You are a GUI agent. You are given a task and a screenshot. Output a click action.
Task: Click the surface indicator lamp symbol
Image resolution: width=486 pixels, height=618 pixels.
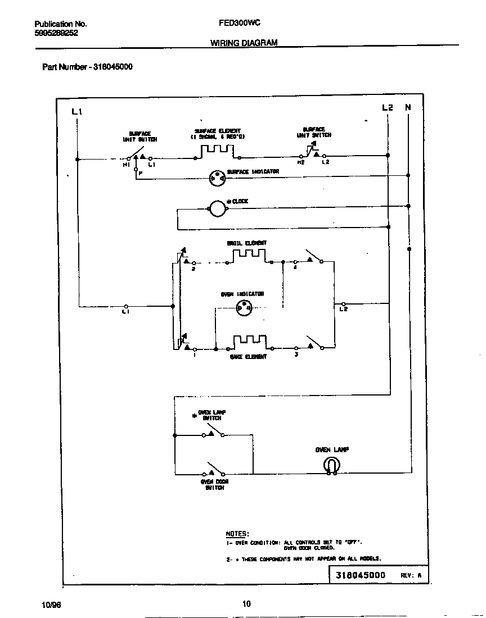click(x=217, y=178)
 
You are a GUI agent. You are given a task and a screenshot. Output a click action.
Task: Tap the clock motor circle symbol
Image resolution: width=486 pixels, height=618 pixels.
click(x=217, y=209)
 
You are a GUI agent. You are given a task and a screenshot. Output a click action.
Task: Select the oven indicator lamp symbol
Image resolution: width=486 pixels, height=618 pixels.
click(x=244, y=306)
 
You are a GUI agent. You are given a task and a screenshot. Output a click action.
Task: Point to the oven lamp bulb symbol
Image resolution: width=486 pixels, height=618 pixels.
click(x=332, y=465)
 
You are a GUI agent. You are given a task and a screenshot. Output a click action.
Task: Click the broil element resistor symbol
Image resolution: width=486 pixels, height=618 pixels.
click(x=248, y=256)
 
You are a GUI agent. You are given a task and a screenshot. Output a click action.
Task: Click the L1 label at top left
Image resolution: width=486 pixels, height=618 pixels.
click(x=77, y=111)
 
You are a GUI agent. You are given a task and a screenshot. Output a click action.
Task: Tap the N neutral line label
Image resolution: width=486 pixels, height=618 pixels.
click(x=408, y=107)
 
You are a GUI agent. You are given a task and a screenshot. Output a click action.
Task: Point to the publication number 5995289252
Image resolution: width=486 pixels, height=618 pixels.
click(x=56, y=33)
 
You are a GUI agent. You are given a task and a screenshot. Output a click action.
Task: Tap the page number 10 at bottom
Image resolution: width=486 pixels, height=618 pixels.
click(x=246, y=604)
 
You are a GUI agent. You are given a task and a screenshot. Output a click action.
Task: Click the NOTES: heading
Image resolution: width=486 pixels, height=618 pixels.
click(x=237, y=534)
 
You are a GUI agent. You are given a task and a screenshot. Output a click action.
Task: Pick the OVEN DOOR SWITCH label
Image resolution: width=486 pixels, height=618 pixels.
click(x=212, y=485)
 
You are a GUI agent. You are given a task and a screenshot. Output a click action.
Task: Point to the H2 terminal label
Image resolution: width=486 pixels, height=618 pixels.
click(x=300, y=163)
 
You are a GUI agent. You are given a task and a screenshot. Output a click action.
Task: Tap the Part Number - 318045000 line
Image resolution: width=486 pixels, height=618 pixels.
click(x=88, y=67)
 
